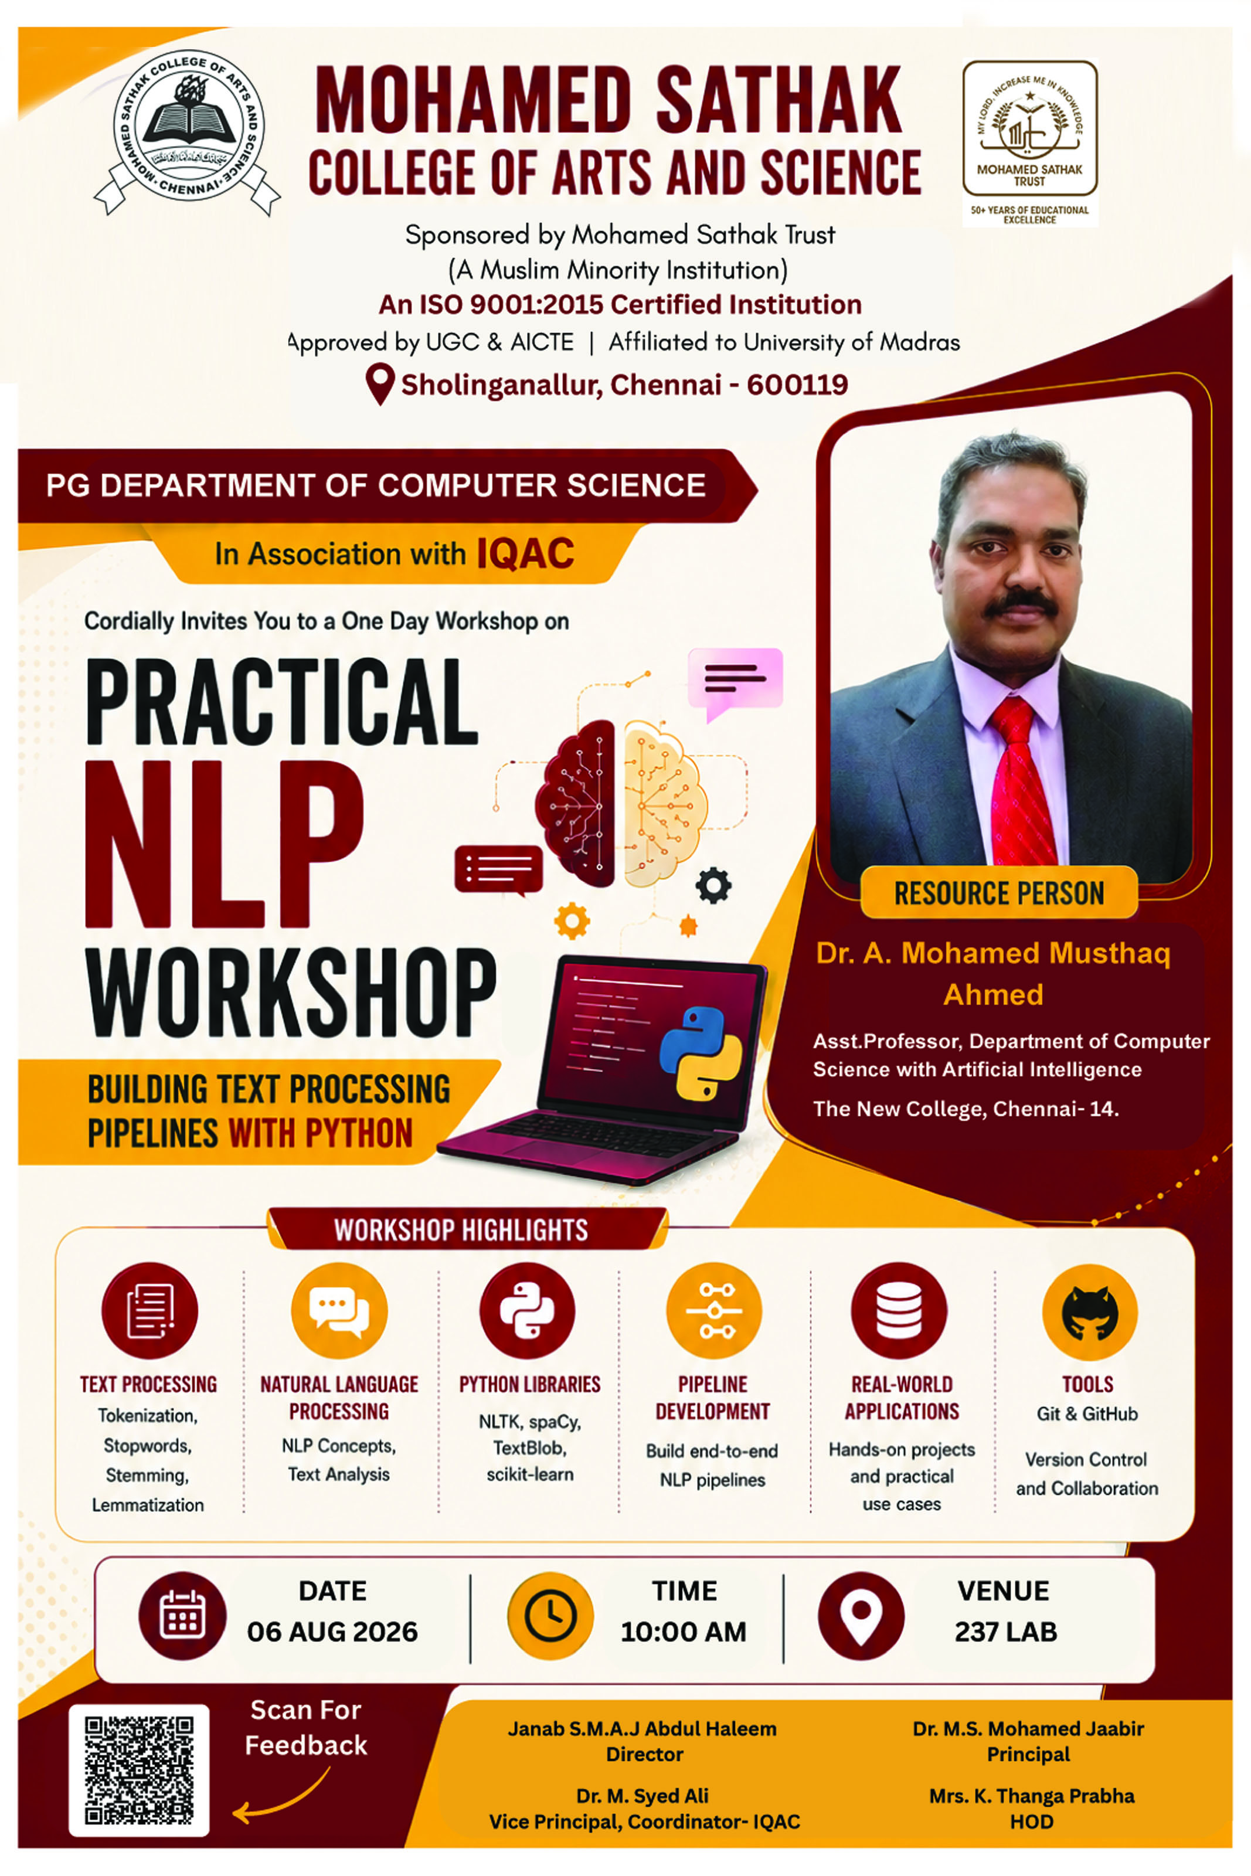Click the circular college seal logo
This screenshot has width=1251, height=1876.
(x=188, y=131)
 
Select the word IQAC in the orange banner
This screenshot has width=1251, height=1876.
(x=525, y=553)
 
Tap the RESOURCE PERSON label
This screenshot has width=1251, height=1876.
(x=999, y=893)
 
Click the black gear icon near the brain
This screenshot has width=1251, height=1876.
(x=713, y=885)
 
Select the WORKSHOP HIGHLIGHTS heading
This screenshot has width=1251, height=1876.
(x=461, y=1230)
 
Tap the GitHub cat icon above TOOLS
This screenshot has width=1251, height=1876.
(x=1090, y=1312)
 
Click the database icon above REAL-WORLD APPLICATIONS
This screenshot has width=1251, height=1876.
(x=899, y=1310)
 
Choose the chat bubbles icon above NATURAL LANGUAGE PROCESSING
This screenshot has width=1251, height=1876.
(x=339, y=1310)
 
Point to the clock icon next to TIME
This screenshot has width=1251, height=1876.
(x=550, y=1615)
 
